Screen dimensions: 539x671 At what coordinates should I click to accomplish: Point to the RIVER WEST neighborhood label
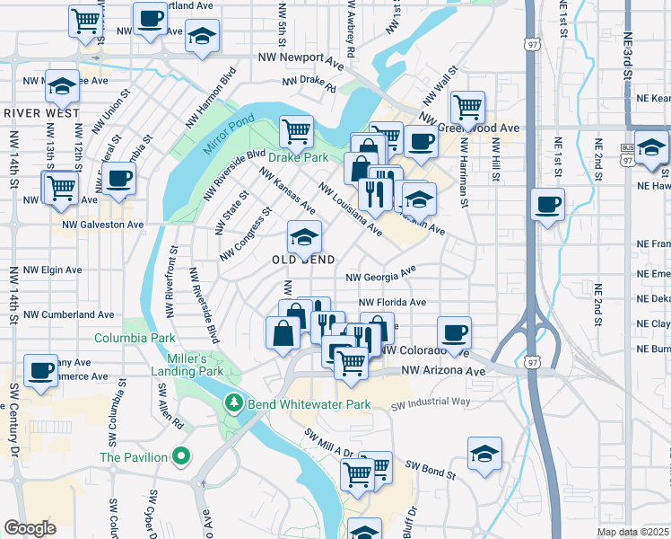point(41,113)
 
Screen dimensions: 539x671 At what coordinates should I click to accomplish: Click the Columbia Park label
point(135,339)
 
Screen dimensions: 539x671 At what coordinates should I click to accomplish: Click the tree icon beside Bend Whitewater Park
point(234,404)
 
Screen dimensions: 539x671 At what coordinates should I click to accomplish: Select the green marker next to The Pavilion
point(181,457)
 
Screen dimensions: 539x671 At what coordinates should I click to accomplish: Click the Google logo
point(30,527)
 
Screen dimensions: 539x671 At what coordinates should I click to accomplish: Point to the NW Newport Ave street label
point(301,57)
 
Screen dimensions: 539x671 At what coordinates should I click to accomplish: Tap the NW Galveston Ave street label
point(102,225)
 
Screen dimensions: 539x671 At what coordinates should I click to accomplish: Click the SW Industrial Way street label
point(431,403)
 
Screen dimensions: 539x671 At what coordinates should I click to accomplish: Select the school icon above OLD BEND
point(304,238)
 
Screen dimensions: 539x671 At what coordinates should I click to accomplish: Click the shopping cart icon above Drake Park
point(295,132)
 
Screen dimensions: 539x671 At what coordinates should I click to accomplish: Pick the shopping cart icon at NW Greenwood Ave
point(467,108)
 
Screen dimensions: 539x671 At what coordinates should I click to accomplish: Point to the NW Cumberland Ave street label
point(69,315)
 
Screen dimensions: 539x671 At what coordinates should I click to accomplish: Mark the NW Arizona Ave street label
point(443,370)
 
